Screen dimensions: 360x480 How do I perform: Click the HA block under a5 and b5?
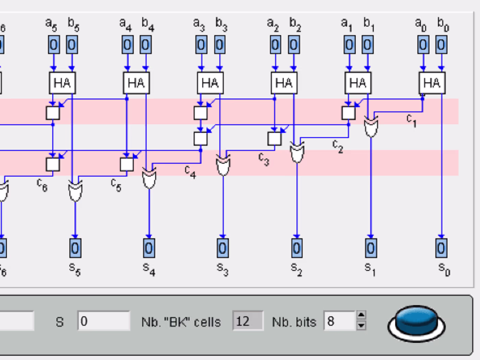coord(62,83)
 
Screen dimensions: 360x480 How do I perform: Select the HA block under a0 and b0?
coord(431,83)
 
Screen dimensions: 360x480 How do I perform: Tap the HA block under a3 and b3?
coord(210,83)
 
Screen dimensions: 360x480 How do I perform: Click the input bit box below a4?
coord(127,45)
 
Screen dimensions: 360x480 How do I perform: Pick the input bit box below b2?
coord(293,45)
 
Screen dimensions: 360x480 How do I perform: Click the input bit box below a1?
coord(349,45)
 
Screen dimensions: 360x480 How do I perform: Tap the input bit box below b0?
coord(442,45)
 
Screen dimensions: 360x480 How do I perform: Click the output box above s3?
coord(223,248)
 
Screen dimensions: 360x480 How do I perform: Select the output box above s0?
coord(441,248)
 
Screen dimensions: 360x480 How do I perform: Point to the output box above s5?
coord(75,248)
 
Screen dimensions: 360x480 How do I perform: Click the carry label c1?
coord(411,119)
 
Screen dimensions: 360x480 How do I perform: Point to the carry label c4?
coord(190,171)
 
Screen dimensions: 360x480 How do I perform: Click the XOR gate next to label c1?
coord(370,126)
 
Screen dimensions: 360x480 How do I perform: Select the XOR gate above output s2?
coord(296,152)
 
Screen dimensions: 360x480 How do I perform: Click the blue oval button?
coord(418,322)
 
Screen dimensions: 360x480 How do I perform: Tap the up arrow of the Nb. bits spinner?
coord(362,316)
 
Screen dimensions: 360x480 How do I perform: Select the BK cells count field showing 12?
coord(248,320)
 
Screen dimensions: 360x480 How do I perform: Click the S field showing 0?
coord(103,320)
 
